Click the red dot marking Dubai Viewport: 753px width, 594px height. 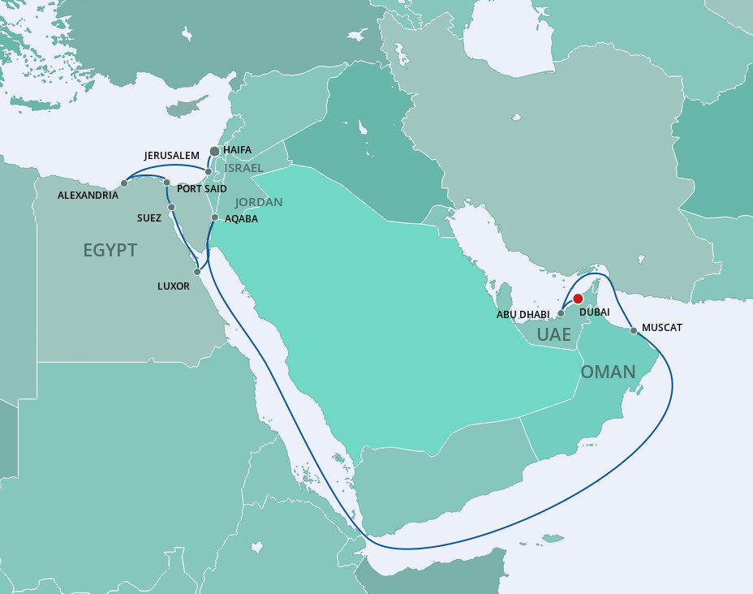click(x=578, y=299)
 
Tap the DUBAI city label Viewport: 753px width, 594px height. click(x=595, y=312)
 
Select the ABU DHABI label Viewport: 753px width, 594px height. click(x=523, y=314)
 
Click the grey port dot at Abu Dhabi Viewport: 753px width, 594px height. click(x=560, y=313)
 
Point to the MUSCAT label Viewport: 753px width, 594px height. click(x=661, y=328)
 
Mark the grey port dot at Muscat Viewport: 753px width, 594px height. click(x=633, y=330)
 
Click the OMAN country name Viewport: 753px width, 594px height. click(x=607, y=372)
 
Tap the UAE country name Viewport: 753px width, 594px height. click(x=554, y=334)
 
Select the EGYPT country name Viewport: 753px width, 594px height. click(x=110, y=250)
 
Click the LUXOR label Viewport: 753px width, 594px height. click(x=174, y=286)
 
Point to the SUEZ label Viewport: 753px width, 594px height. click(x=148, y=218)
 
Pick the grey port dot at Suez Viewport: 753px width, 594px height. click(x=171, y=208)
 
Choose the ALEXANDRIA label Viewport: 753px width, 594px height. click(x=88, y=196)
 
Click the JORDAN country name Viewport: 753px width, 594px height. click(x=259, y=202)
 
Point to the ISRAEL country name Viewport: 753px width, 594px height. click(x=244, y=168)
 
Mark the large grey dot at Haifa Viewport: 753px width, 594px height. click(x=214, y=151)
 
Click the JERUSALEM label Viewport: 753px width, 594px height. click(x=171, y=155)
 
